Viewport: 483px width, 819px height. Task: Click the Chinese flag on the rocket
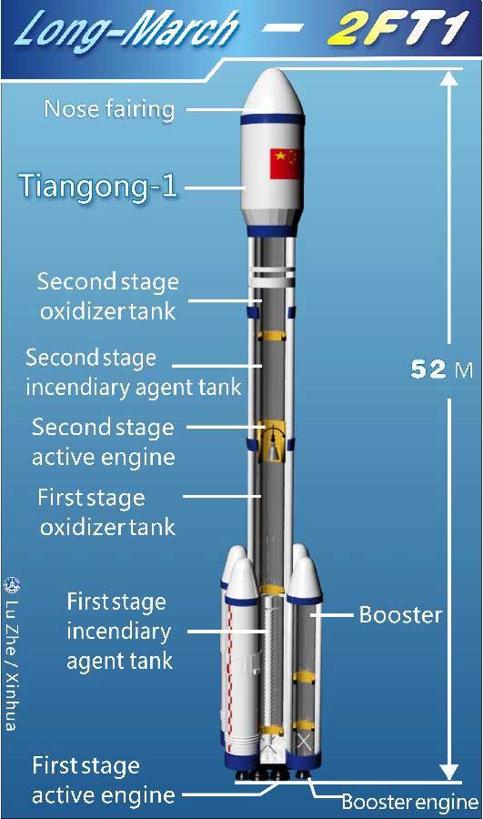tap(285, 164)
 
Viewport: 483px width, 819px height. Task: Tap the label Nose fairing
tap(109, 109)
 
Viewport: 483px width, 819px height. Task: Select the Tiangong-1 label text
tap(98, 187)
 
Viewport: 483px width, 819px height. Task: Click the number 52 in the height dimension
tap(428, 369)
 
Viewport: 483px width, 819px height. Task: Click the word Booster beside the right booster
tap(400, 615)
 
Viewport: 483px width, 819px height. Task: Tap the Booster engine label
tap(410, 802)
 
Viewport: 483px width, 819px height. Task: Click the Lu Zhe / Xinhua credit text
tap(12, 665)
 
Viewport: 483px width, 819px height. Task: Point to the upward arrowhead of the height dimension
tap(449, 77)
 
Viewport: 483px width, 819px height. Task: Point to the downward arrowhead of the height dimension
tap(449, 772)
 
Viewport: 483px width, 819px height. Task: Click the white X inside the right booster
tap(304, 742)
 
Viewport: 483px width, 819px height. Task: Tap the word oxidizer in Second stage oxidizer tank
tap(79, 312)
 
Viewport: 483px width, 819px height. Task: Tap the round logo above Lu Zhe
tap(12, 585)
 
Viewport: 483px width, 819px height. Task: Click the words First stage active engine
tap(103, 781)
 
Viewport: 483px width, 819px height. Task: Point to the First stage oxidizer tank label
tap(107, 511)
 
